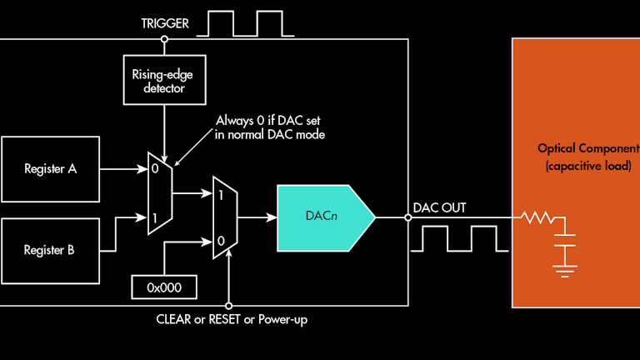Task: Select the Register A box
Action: point(50,169)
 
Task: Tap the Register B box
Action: point(50,249)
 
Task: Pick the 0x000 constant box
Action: point(165,286)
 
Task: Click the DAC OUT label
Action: point(439,207)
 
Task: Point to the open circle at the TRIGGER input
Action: point(165,38)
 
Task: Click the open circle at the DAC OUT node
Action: point(408,218)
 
